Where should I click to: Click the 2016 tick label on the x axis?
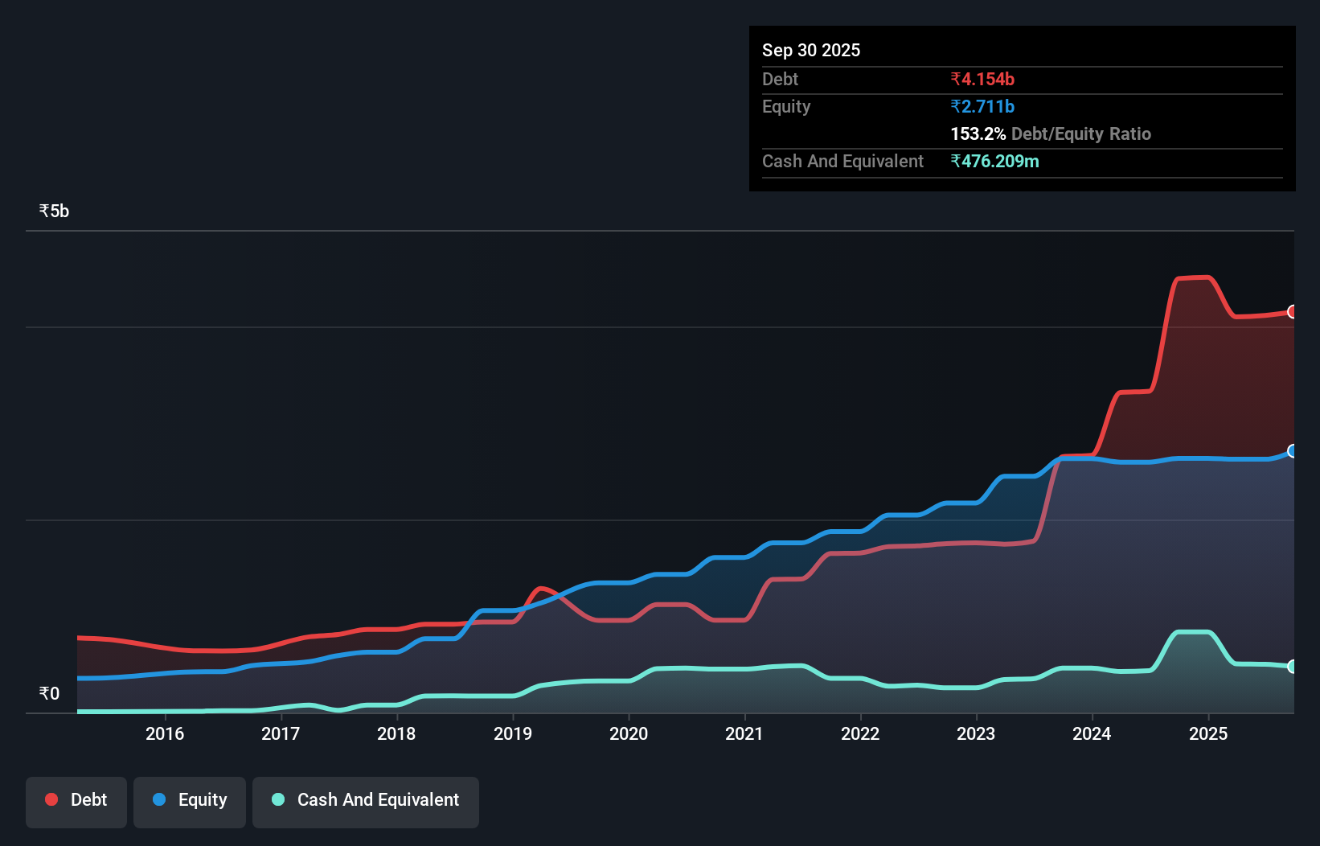pos(165,733)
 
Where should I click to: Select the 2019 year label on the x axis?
pos(513,733)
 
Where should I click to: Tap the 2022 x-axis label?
pos(860,733)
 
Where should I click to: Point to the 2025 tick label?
pos(1208,733)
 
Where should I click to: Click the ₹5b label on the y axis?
pos(54,211)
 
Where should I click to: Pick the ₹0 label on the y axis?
pos(49,693)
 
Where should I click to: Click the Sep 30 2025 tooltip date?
pos(811,50)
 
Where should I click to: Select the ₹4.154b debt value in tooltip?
pos(982,79)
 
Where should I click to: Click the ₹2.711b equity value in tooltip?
pos(982,106)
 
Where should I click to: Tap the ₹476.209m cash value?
pos(994,161)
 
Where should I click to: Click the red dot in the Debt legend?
pos(51,799)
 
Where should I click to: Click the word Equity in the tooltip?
pos(786,106)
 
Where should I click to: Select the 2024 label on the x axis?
pos(1092,733)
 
